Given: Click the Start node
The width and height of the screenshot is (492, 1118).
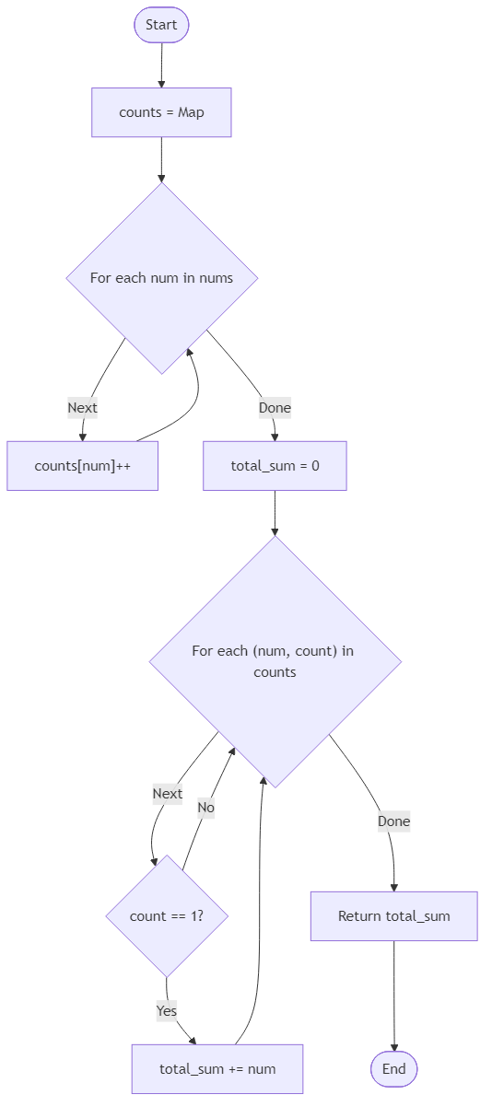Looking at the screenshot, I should (x=161, y=25).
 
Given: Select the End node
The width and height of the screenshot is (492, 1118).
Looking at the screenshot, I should (x=394, y=1069).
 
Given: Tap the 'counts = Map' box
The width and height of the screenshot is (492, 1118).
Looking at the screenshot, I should (x=161, y=112).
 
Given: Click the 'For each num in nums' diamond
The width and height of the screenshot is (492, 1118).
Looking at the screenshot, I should (x=161, y=278).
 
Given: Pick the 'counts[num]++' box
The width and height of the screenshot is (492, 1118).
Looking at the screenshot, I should (x=83, y=466).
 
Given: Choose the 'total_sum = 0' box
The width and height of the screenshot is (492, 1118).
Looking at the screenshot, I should (x=275, y=466).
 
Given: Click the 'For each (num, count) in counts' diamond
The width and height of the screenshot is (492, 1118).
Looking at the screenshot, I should (x=275, y=661).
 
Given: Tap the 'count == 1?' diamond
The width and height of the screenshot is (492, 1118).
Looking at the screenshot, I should (x=167, y=916).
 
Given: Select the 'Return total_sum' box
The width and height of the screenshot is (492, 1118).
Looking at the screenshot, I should (x=393, y=916).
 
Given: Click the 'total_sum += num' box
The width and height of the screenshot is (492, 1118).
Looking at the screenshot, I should (x=217, y=1069).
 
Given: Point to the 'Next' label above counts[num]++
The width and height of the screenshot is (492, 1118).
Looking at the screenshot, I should (x=82, y=407).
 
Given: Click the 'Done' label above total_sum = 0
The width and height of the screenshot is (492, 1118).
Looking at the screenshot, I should (x=275, y=407).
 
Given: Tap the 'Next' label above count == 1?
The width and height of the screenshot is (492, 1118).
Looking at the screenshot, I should (x=168, y=793).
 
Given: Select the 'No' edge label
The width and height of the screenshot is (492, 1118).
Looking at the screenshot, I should (x=205, y=808).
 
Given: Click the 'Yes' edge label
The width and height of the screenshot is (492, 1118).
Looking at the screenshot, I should (x=167, y=1010).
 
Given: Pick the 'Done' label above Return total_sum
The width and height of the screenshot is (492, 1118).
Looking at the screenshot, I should (x=393, y=821).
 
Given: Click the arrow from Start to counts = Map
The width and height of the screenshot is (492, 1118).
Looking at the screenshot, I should (x=161, y=64).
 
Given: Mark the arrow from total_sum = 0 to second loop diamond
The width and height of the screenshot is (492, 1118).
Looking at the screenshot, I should (x=275, y=512).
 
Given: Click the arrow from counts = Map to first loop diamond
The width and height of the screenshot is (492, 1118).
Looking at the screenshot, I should (x=161, y=159).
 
